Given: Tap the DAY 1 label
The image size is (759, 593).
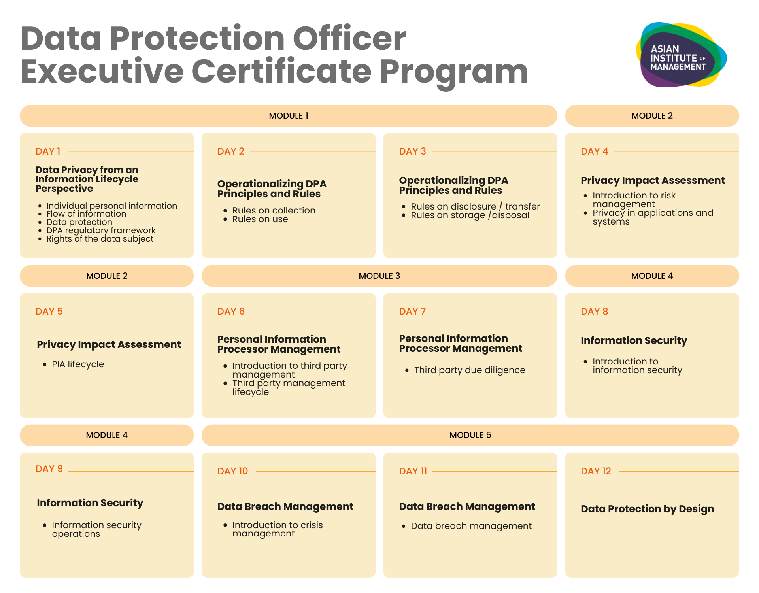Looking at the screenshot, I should click(x=48, y=151).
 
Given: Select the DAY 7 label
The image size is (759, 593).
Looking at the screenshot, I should click(x=412, y=312).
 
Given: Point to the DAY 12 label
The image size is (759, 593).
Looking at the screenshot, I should click(x=596, y=471).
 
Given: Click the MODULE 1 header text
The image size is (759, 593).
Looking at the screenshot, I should click(x=288, y=116).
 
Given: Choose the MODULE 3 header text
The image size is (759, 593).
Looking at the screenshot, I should click(x=379, y=276).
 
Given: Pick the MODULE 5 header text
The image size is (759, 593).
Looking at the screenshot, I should click(x=470, y=435).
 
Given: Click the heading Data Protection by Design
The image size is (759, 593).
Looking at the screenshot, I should click(x=647, y=509).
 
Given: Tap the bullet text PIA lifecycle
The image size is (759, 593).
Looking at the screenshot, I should click(x=78, y=364).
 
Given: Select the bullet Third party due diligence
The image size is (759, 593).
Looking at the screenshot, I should click(x=470, y=370).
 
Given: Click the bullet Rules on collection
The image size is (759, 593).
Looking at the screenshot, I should click(x=274, y=210).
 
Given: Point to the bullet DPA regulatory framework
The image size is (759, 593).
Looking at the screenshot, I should click(x=101, y=230).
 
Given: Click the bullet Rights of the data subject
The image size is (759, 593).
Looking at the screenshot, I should click(x=100, y=239).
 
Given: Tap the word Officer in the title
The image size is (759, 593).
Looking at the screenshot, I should click(x=349, y=38).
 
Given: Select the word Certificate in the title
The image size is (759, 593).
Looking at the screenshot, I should click(x=281, y=72).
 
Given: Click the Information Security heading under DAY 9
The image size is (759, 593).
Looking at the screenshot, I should click(x=90, y=503).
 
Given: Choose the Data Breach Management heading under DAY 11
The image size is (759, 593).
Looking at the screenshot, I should click(x=467, y=506).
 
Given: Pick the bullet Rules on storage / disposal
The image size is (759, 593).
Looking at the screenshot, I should click(x=470, y=215).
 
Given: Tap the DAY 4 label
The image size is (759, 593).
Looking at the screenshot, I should click(x=594, y=151).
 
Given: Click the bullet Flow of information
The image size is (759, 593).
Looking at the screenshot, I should click(x=86, y=214).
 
